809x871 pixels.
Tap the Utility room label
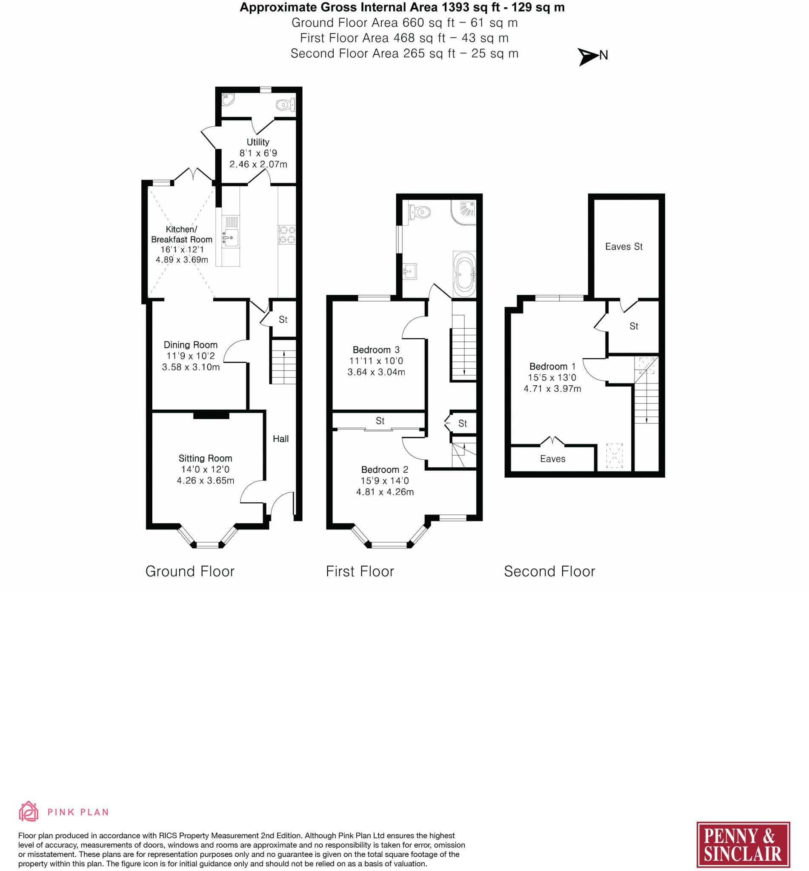pyautogui.click(x=257, y=142)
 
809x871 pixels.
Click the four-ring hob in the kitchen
pyautogui.click(x=287, y=234)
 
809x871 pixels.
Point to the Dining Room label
pyautogui.click(x=190, y=345)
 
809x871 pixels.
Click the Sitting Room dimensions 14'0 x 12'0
pyautogui.click(x=205, y=470)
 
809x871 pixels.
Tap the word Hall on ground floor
pyautogui.click(x=280, y=439)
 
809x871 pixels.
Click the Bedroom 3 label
pyautogui.click(x=376, y=350)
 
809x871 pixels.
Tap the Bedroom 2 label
pyautogui.click(x=384, y=470)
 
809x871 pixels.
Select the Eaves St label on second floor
pyautogui.click(x=623, y=247)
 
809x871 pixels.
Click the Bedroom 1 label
pyautogui.click(x=552, y=366)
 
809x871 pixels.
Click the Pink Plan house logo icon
pyautogui.click(x=29, y=811)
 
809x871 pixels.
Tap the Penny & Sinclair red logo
pyautogui.click(x=743, y=845)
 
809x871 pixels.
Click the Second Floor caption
pyautogui.click(x=549, y=571)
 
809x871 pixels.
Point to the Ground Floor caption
pyautogui.click(x=189, y=571)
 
